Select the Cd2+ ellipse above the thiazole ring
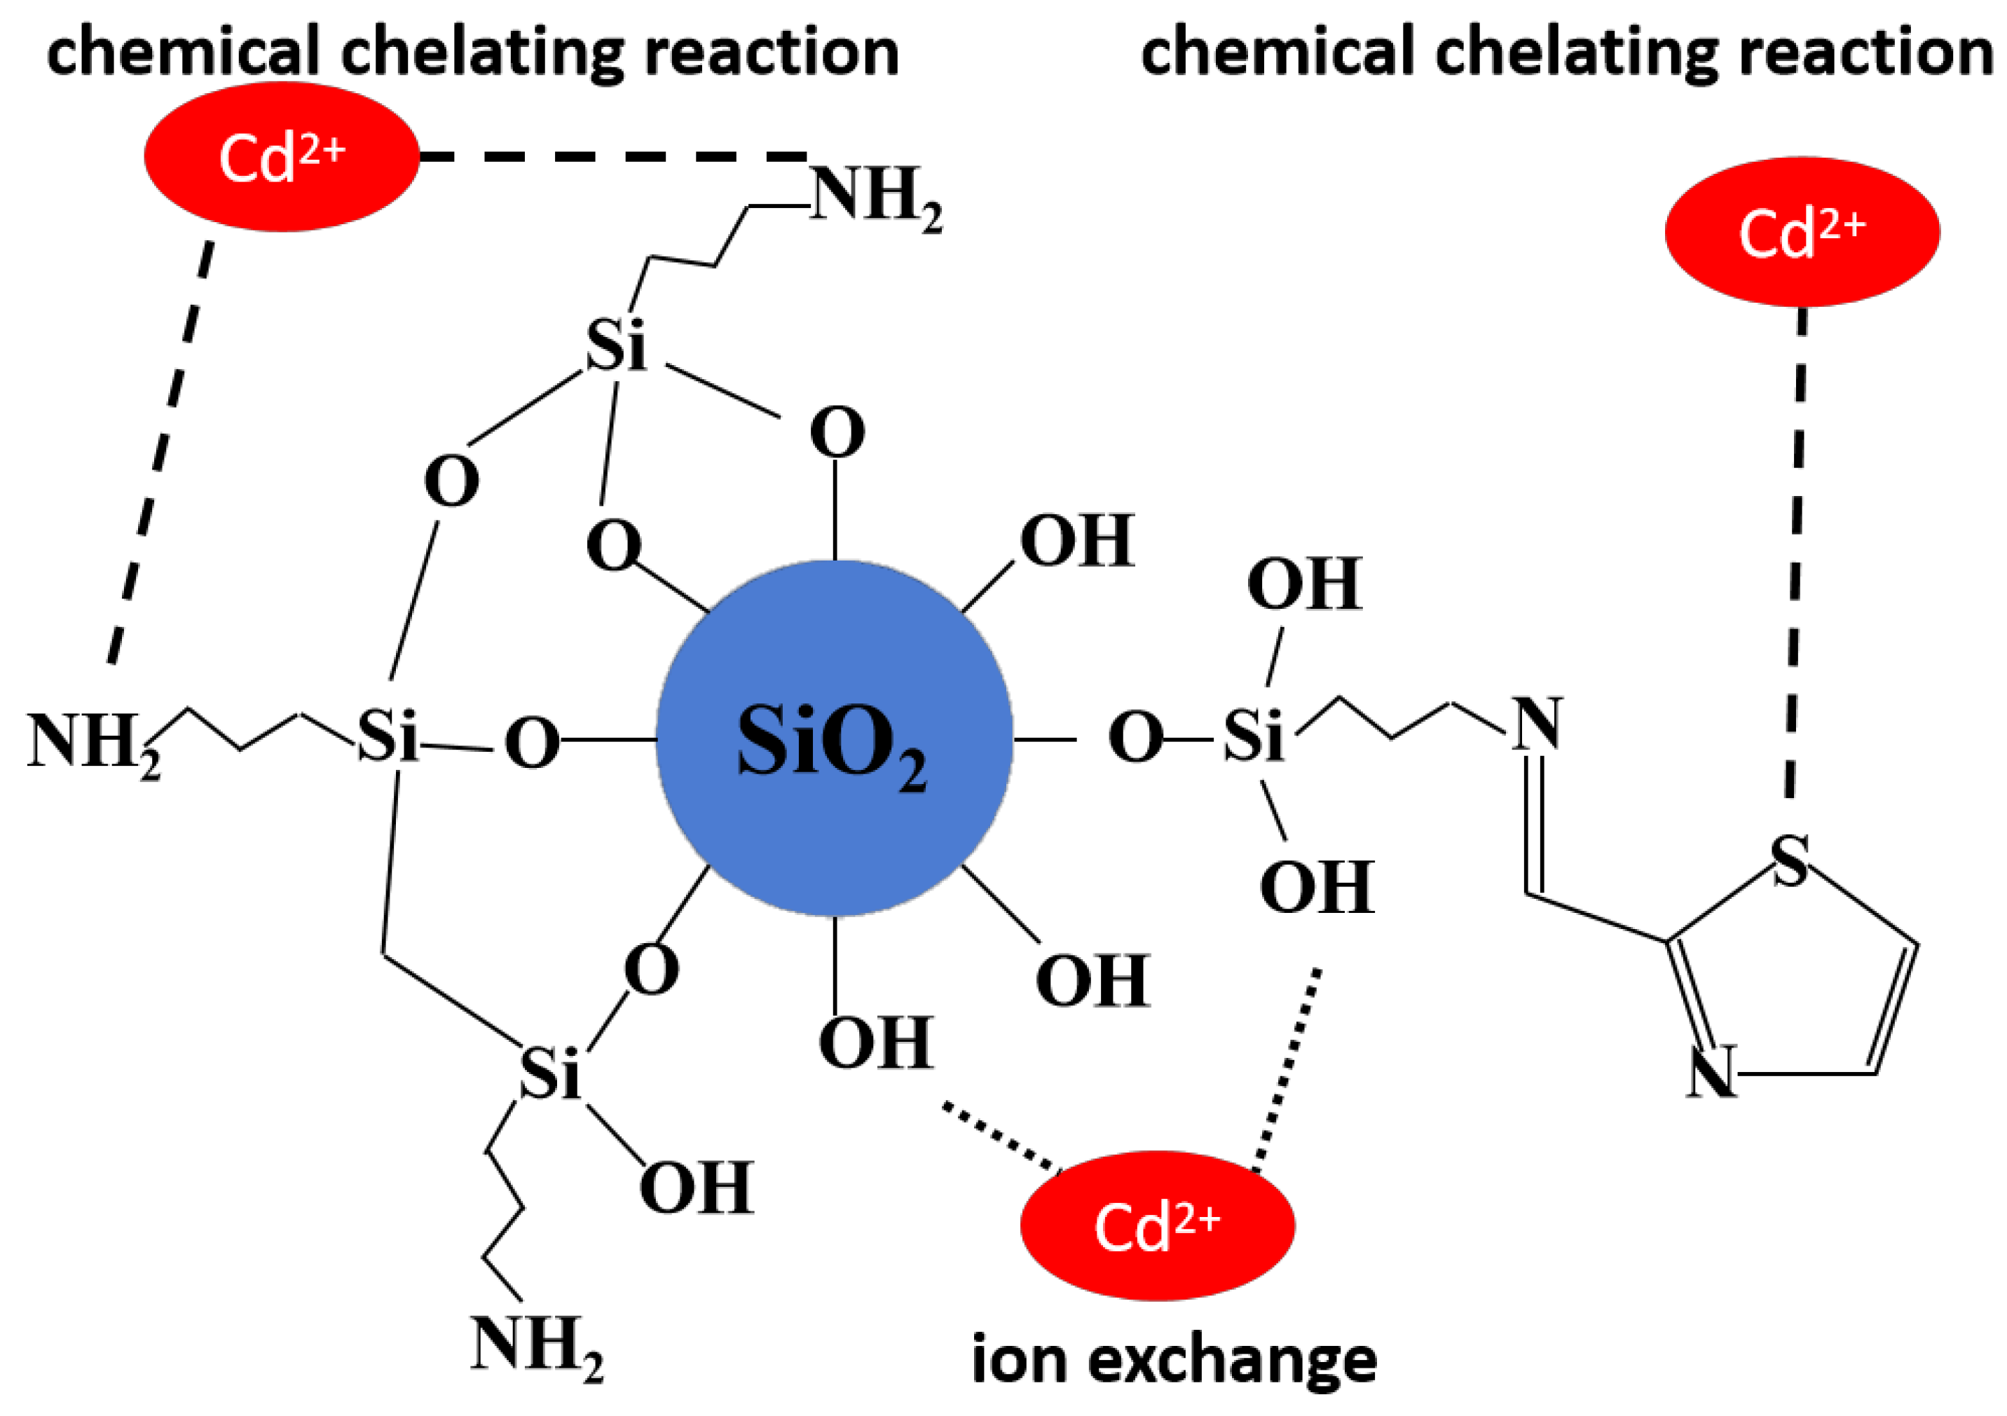[1802, 232]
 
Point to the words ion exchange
[1174, 1360]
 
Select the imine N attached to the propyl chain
[1537, 724]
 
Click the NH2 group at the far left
[92, 743]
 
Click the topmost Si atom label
[615, 346]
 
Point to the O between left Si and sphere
[530, 743]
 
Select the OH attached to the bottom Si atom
[696, 1188]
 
